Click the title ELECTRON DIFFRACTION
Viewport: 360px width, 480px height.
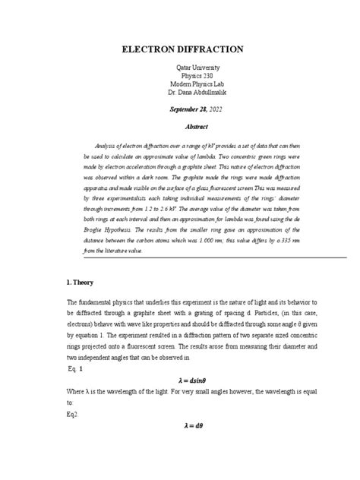179,49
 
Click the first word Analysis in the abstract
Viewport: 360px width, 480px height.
107,146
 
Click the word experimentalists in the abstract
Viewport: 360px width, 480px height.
131,207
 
